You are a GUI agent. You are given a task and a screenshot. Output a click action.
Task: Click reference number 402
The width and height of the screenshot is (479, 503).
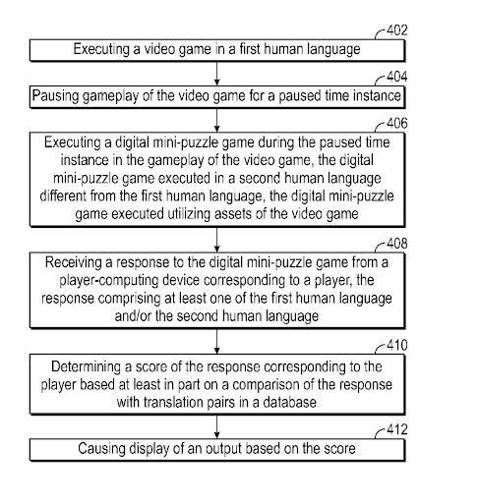tap(397, 30)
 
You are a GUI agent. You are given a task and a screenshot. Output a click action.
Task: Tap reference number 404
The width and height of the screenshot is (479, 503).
tap(397, 77)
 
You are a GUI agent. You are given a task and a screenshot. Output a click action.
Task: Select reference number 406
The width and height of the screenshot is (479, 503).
tap(397, 124)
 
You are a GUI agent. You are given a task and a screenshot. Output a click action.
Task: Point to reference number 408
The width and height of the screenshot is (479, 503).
tap(397, 244)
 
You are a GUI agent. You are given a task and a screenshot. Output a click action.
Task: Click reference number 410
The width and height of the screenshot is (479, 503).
tap(397, 345)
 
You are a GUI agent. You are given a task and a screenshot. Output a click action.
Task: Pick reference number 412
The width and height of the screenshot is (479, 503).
tap(397, 429)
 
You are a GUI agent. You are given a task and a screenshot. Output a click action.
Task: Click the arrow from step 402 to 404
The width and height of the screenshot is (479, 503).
tap(216, 74)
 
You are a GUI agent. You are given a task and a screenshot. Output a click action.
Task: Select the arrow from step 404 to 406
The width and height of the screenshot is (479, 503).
tap(216, 120)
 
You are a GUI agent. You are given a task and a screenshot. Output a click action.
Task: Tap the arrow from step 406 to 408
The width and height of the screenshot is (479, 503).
tap(216, 240)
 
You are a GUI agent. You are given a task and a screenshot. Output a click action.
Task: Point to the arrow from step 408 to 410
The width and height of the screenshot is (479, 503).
tap(216, 341)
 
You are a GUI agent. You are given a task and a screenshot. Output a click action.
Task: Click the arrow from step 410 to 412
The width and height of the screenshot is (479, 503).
tap(216, 427)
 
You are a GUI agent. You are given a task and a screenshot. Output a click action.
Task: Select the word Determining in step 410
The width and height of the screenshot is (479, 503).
tap(86, 367)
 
